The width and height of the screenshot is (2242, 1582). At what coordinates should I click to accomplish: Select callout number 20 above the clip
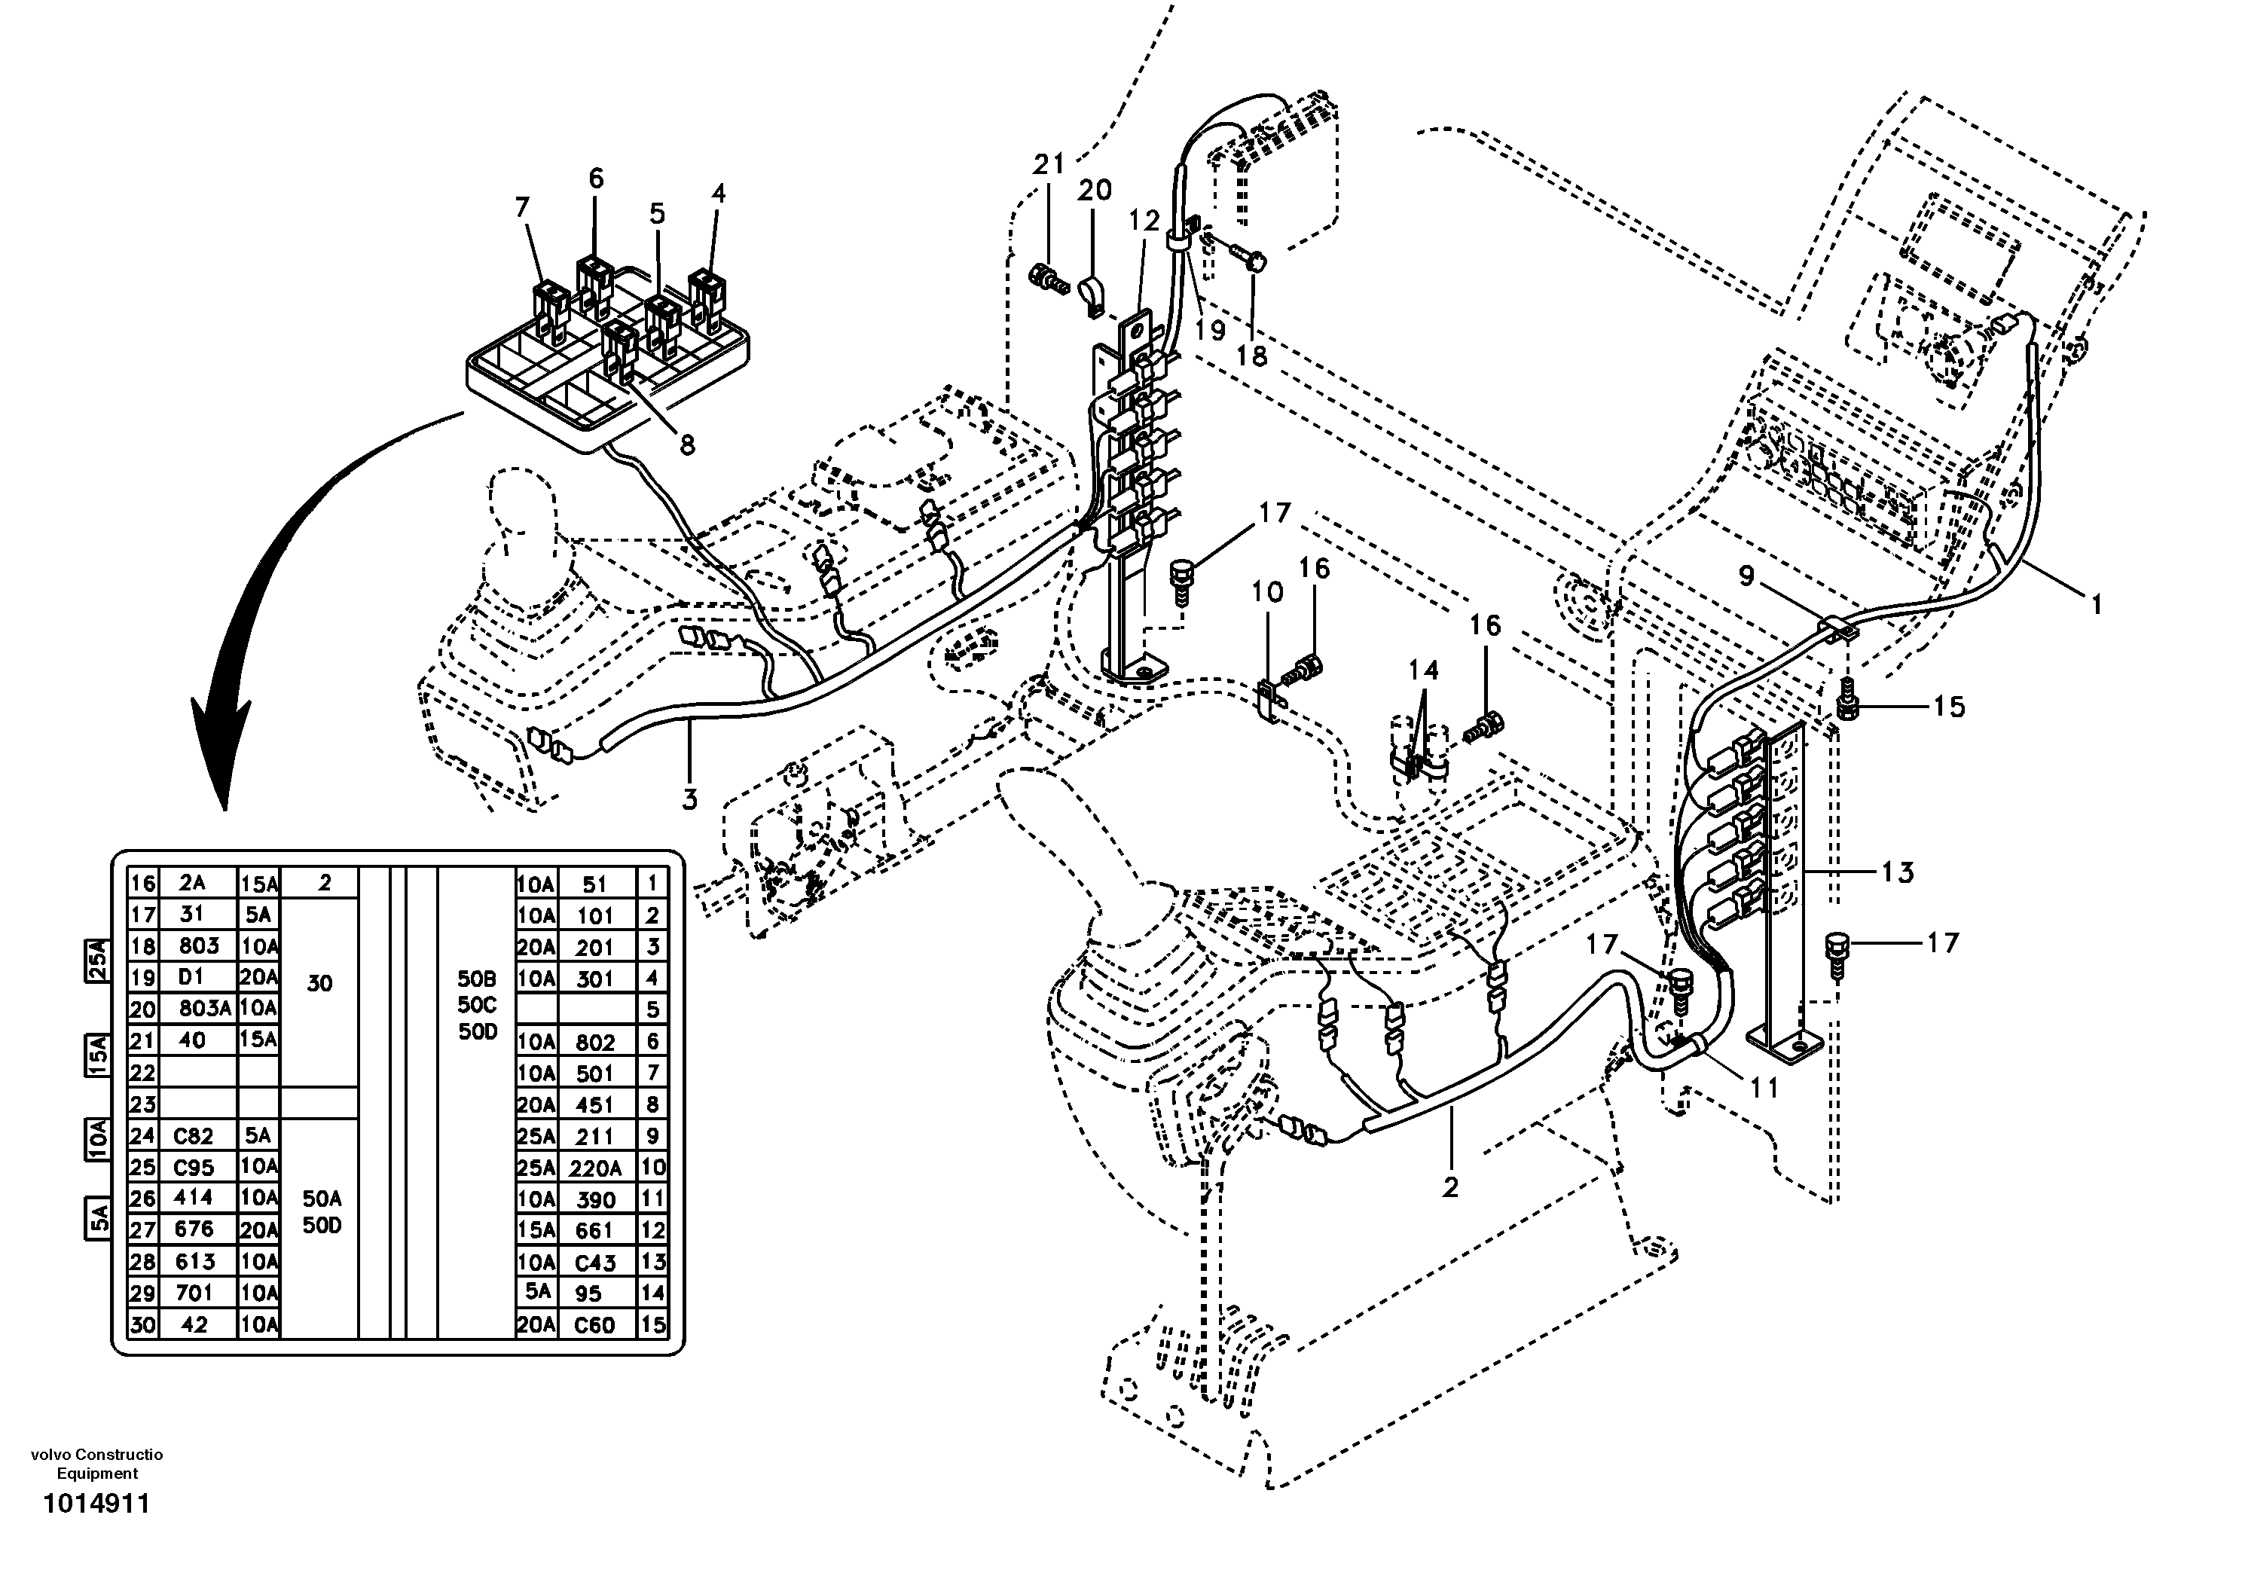(x=1094, y=191)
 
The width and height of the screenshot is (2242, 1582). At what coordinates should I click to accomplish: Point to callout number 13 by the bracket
(x=1896, y=872)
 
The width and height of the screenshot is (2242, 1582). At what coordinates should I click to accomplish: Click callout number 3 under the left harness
(x=689, y=799)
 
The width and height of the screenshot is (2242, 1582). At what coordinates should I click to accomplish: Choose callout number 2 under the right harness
(x=1450, y=1186)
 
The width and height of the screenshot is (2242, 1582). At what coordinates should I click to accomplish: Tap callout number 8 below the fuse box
(x=688, y=445)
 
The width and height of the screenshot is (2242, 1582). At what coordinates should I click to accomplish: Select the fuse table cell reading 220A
(x=594, y=1168)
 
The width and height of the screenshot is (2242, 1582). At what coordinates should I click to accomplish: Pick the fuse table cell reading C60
(x=594, y=1325)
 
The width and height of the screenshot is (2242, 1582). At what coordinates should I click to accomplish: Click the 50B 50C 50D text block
(x=478, y=1006)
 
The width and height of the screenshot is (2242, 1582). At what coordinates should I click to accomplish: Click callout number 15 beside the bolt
(x=1948, y=707)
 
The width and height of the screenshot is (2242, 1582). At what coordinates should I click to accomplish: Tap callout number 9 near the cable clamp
(x=1746, y=578)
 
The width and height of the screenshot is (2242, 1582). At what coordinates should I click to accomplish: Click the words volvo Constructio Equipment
(x=96, y=1464)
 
